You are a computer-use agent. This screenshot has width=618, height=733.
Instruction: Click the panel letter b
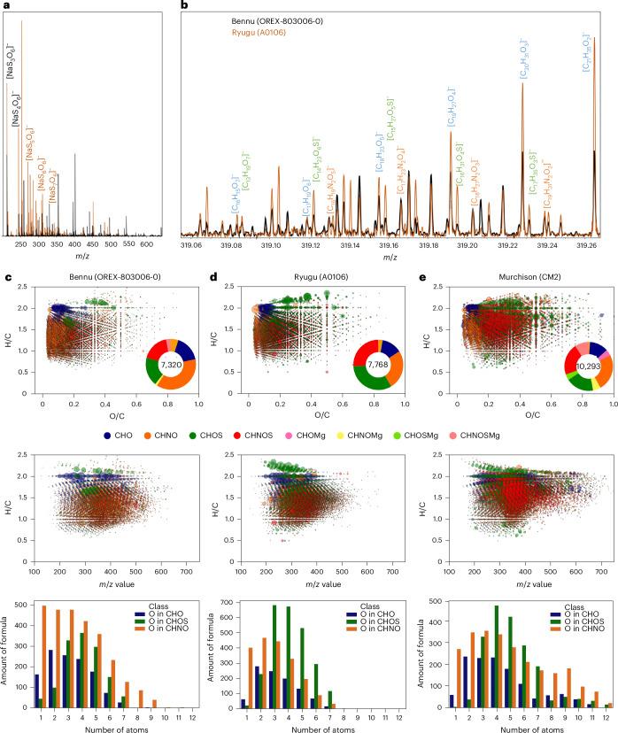(x=184, y=6)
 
